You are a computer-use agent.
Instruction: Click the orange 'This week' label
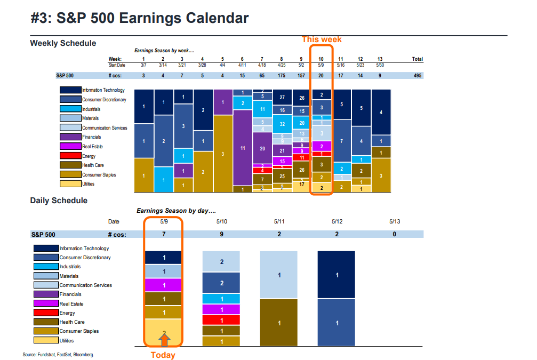coord(322,39)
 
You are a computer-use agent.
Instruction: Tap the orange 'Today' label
coord(163,355)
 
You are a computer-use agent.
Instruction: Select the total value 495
coord(418,76)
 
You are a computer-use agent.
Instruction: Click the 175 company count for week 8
coord(282,76)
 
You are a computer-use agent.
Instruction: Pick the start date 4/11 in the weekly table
coord(242,65)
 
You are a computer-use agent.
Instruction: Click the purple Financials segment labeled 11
coord(243,148)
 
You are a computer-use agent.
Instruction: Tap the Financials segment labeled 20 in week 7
coord(262,149)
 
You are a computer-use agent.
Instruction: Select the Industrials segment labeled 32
coord(282,124)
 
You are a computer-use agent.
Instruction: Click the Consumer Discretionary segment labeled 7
coord(341,141)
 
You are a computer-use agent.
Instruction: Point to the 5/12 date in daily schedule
coord(336,221)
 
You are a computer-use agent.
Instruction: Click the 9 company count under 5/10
coord(221,234)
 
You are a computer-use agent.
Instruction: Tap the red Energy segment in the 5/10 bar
coord(221,320)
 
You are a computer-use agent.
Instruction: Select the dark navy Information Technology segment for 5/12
coord(336,275)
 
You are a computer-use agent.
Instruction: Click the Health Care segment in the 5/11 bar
coord(279,323)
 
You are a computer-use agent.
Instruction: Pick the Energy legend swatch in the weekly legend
coord(70,156)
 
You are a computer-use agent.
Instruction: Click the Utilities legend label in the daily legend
coord(67,341)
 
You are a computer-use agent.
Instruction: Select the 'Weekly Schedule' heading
coord(63,43)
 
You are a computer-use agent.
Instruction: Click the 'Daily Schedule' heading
coord(59,201)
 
